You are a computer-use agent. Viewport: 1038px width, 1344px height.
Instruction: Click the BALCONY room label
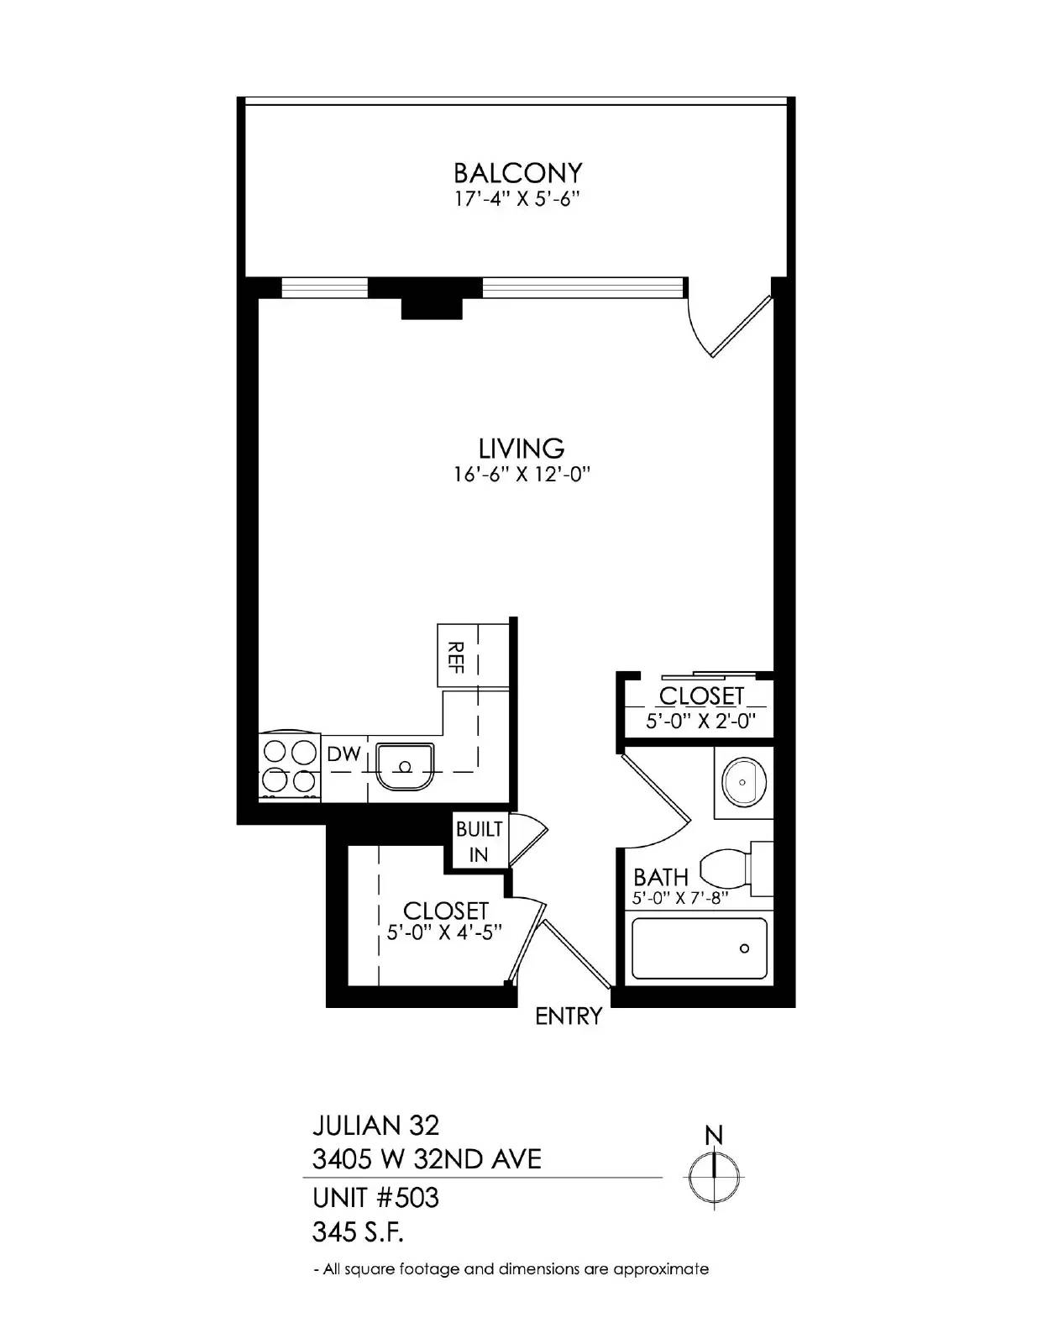pos(517,173)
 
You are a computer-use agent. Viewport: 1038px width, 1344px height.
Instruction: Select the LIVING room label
pos(521,448)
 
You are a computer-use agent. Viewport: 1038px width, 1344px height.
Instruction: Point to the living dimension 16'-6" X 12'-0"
pos(521,475)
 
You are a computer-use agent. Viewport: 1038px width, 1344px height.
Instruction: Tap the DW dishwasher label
pos(343,754)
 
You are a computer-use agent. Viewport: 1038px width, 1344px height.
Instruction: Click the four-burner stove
pos(289,766)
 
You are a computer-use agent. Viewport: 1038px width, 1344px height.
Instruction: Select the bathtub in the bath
pos(699,948)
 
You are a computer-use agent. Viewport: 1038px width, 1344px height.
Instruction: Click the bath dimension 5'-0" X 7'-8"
pos(679,899)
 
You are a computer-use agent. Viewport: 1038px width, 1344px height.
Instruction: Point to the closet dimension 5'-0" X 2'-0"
pos(701,721)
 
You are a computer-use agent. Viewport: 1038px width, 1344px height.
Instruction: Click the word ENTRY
pos(569,1016)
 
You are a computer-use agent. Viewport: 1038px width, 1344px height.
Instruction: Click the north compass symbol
pos(714,1173)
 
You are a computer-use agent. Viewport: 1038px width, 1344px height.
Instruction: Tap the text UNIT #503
pos(375,1196)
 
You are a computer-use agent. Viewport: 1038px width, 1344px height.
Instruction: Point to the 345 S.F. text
pos(358,1232)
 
